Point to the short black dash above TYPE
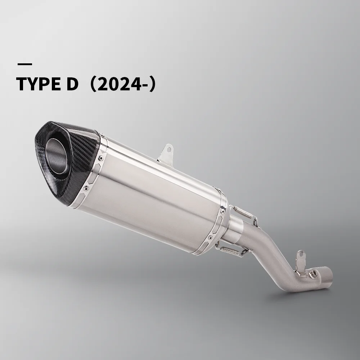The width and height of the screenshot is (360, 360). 24,64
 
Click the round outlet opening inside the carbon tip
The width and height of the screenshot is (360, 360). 57,156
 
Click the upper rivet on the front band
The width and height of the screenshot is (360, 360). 100,158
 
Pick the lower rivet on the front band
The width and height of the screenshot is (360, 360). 86,188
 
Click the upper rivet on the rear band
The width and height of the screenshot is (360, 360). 223,211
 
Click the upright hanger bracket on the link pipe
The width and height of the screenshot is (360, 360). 300,262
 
